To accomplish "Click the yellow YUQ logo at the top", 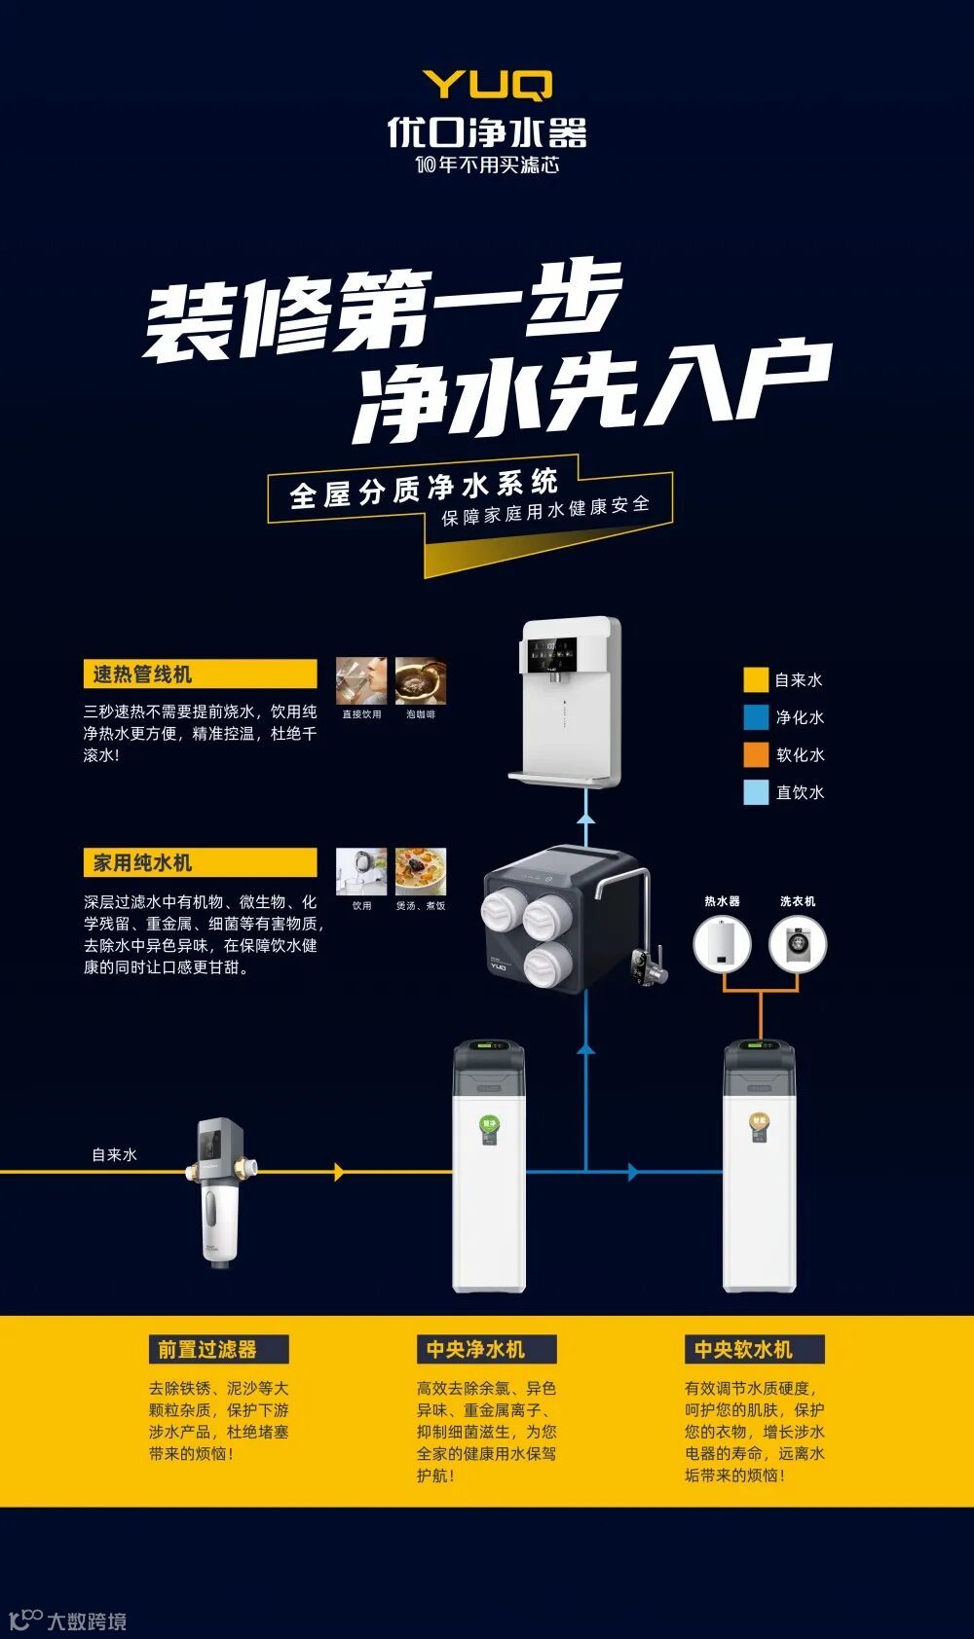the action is click(x=487, y=85).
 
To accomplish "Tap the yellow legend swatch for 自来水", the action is click(x=756, y=679).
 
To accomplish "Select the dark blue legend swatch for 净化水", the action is click(x=756, y=717).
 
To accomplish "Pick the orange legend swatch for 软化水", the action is click(x=756, y=754).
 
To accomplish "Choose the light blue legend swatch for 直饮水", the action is click(x=756, y=791).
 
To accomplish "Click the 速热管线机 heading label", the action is click(x=200, y=674).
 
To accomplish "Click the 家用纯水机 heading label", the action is click(x=200, y=862).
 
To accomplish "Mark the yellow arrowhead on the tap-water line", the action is click(x=339, y=1172).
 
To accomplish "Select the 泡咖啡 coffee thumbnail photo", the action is click(x=421, y=680).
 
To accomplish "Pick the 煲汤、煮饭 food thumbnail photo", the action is click(x=421, y=871).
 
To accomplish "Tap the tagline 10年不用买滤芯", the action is click(x=487, y=164).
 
